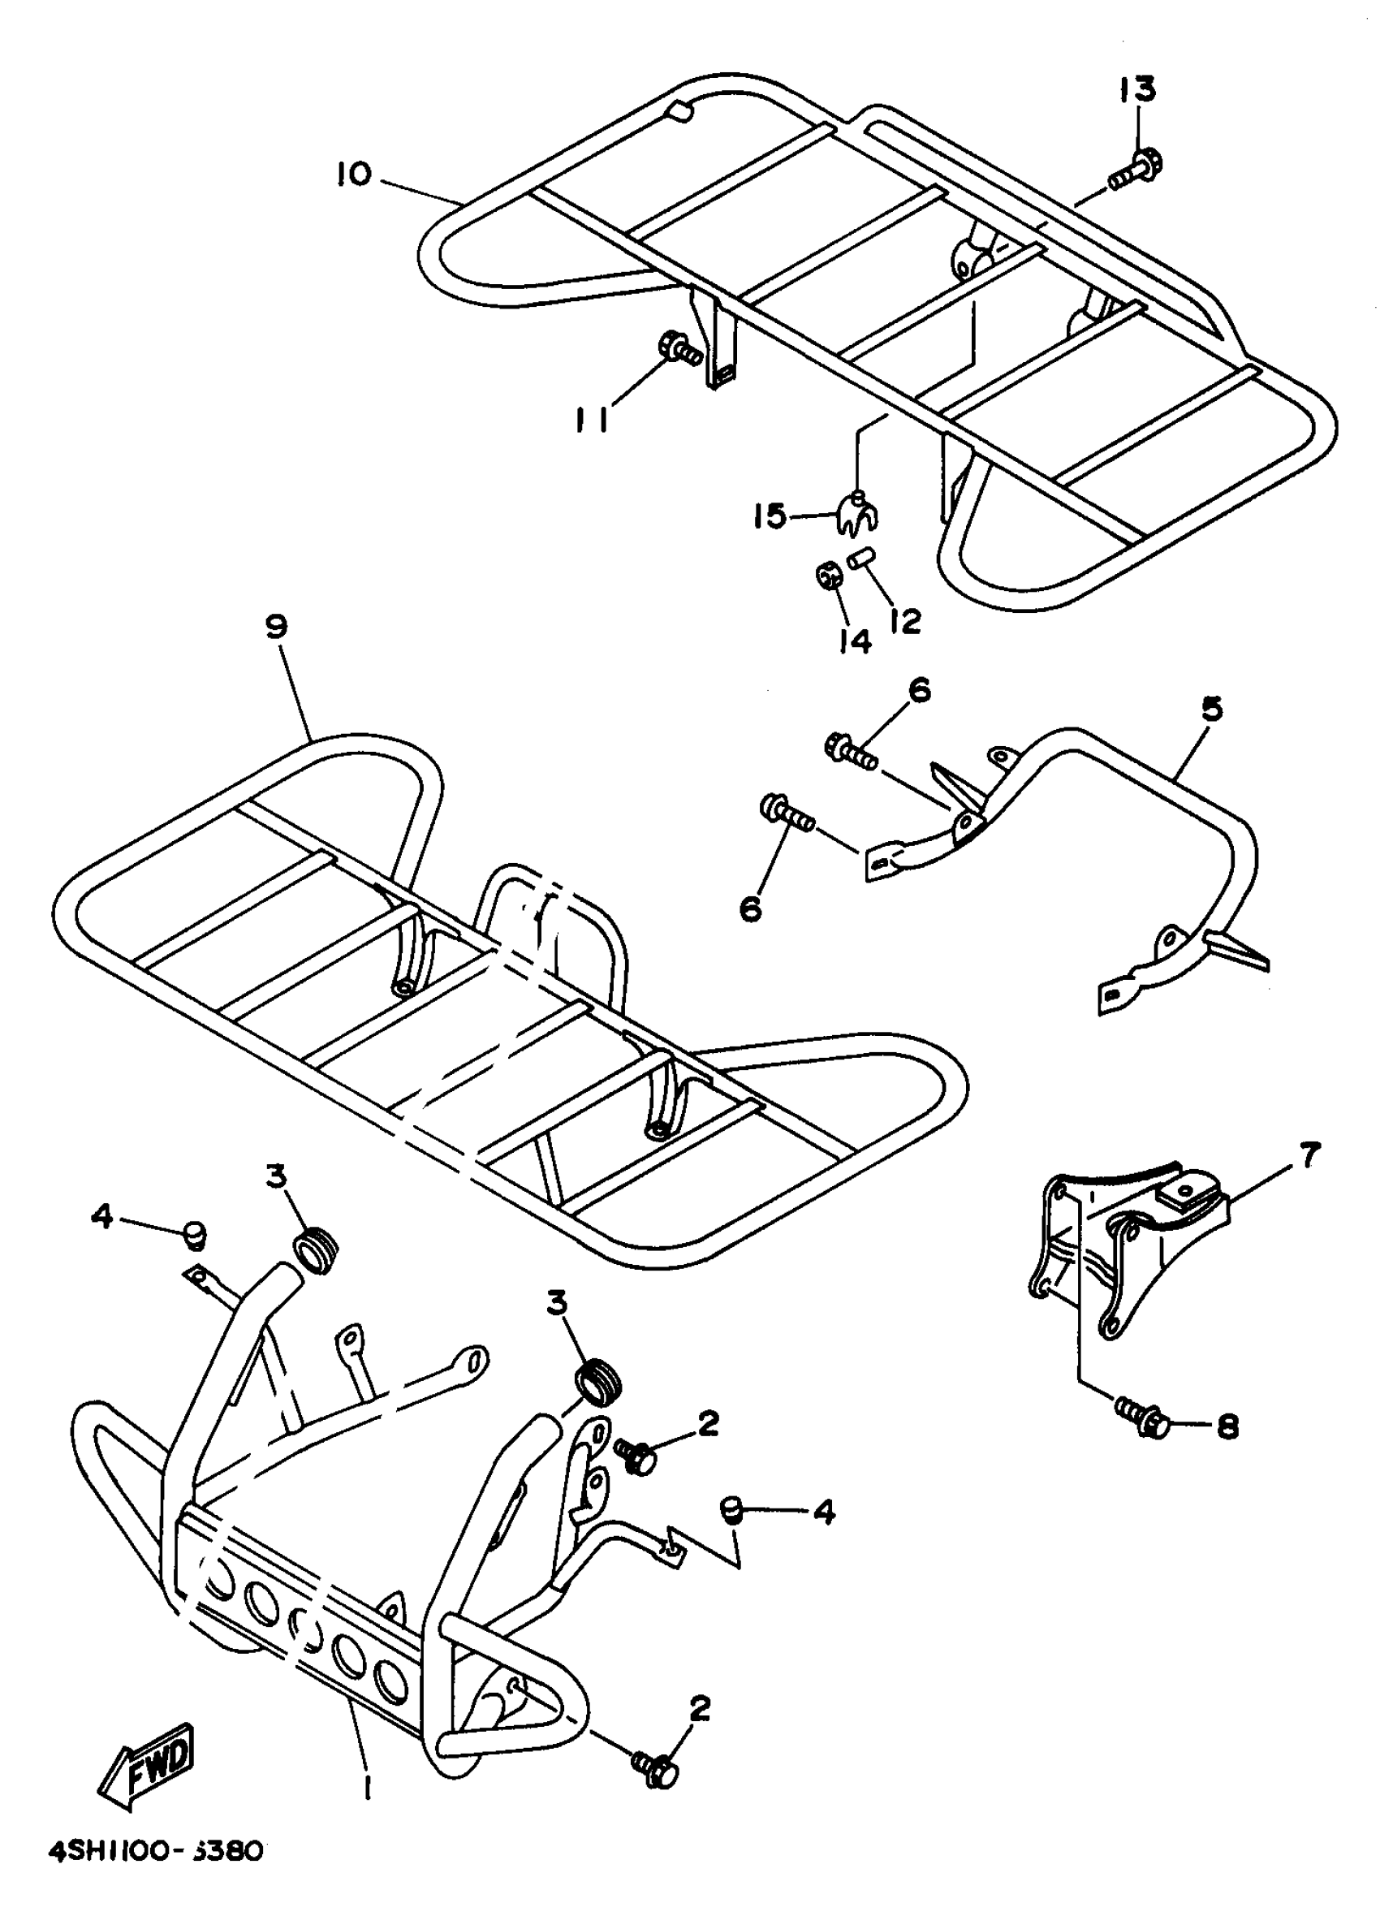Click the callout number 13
[1137, 88]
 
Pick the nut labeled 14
[828, 576]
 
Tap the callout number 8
[1227, 1427]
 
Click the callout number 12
[904, 622]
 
